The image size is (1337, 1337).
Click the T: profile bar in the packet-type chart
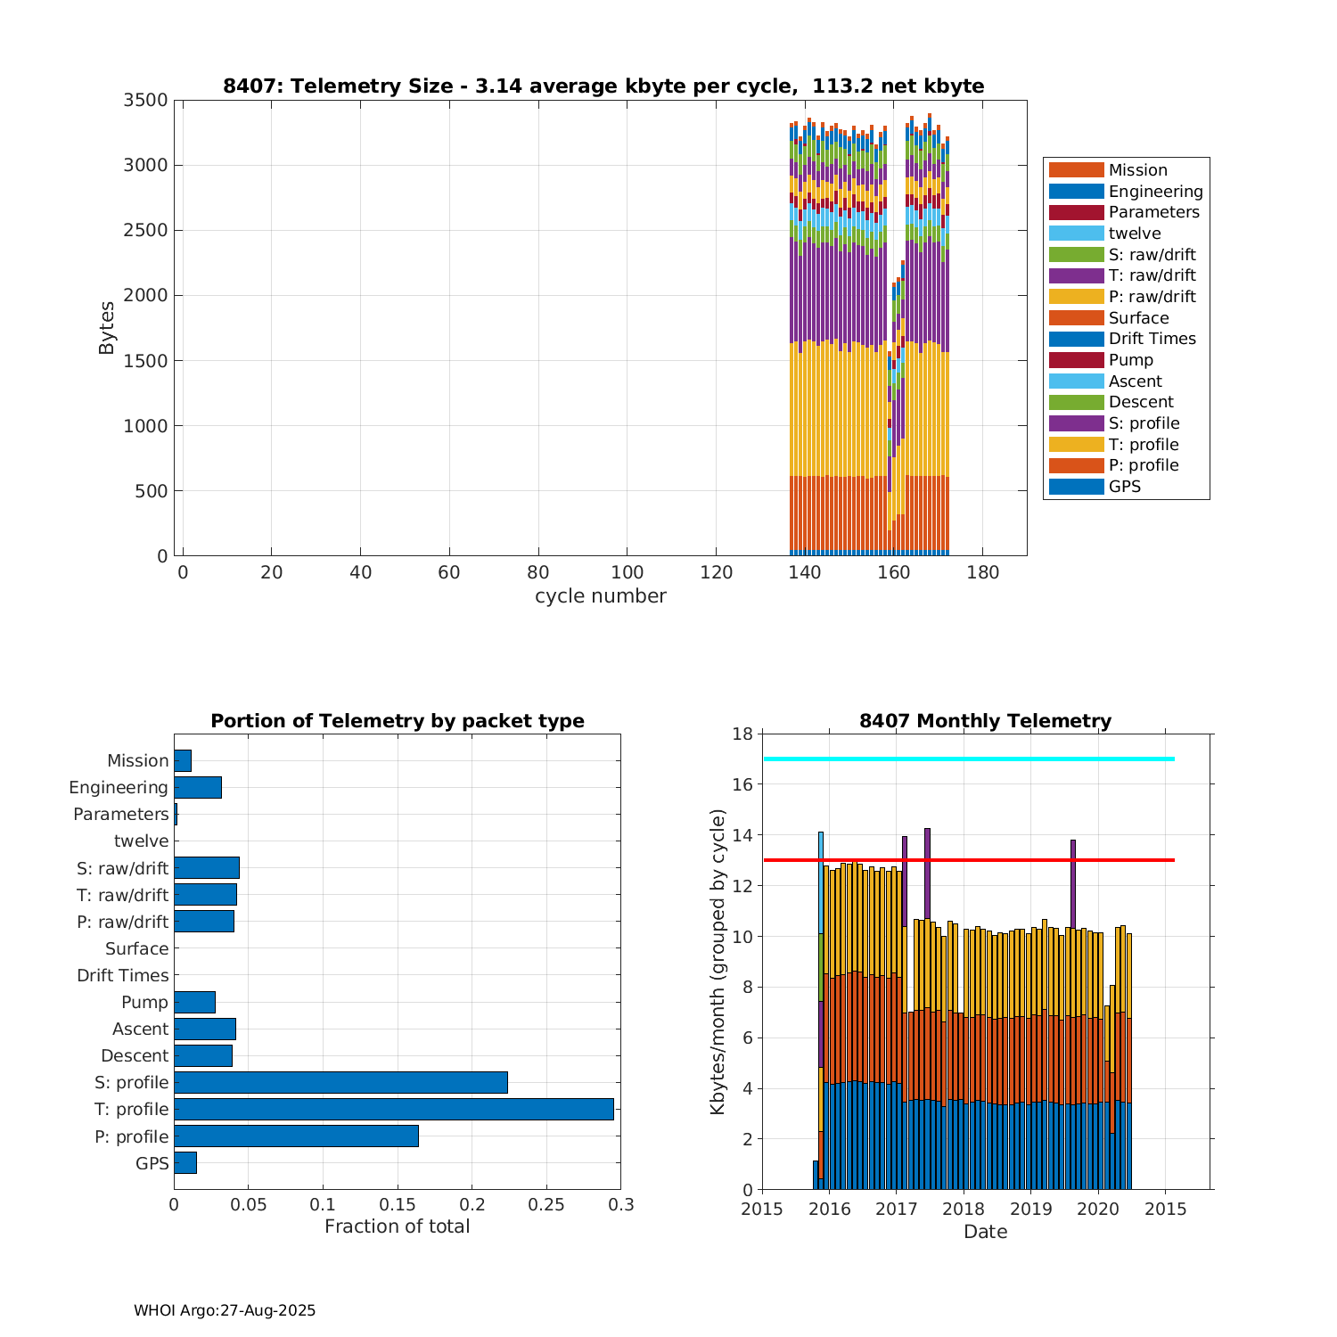393,1109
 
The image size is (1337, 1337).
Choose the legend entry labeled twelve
1135,234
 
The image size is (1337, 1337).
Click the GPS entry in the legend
1125,487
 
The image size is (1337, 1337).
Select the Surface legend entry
1138,318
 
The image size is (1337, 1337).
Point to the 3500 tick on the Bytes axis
146,100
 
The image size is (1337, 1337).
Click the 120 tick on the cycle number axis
716,572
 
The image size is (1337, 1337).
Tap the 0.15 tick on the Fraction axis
323,1205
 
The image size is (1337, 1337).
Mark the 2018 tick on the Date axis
964,1209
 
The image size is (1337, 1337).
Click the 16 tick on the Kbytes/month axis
742,784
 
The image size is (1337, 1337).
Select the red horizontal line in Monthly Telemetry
980,860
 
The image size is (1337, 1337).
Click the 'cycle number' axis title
600,596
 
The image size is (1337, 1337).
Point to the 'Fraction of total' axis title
397,1226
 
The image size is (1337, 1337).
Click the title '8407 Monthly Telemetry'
985,721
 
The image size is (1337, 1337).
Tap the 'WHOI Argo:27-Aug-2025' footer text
225,1310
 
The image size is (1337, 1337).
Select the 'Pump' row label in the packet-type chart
144,1002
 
